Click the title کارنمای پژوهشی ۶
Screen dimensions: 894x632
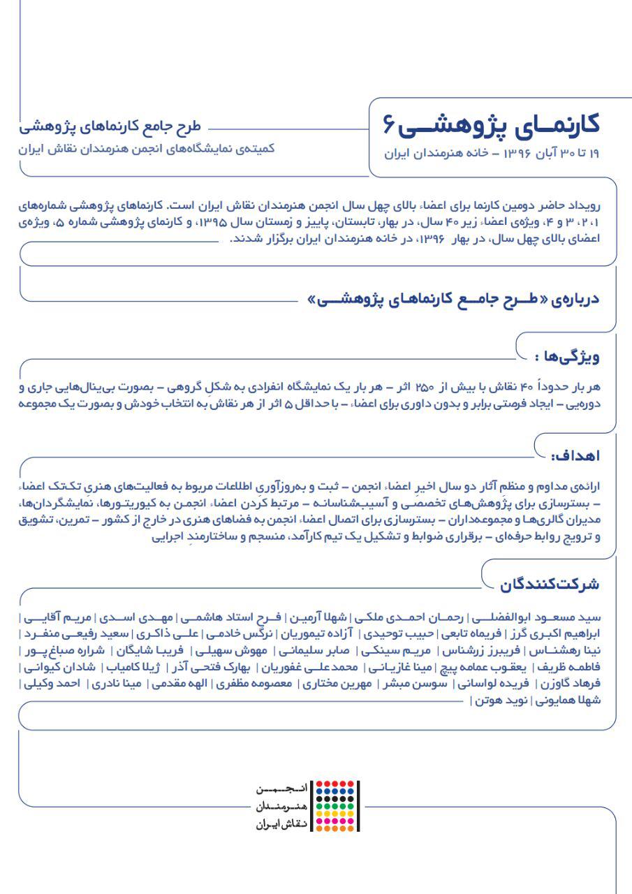click(x=492, y=125)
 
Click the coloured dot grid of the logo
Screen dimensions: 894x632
click(x=335, y=806)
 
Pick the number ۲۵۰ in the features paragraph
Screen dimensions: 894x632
click(x=424, y=387)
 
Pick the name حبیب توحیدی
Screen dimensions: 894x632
click(x=399, y=634)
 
